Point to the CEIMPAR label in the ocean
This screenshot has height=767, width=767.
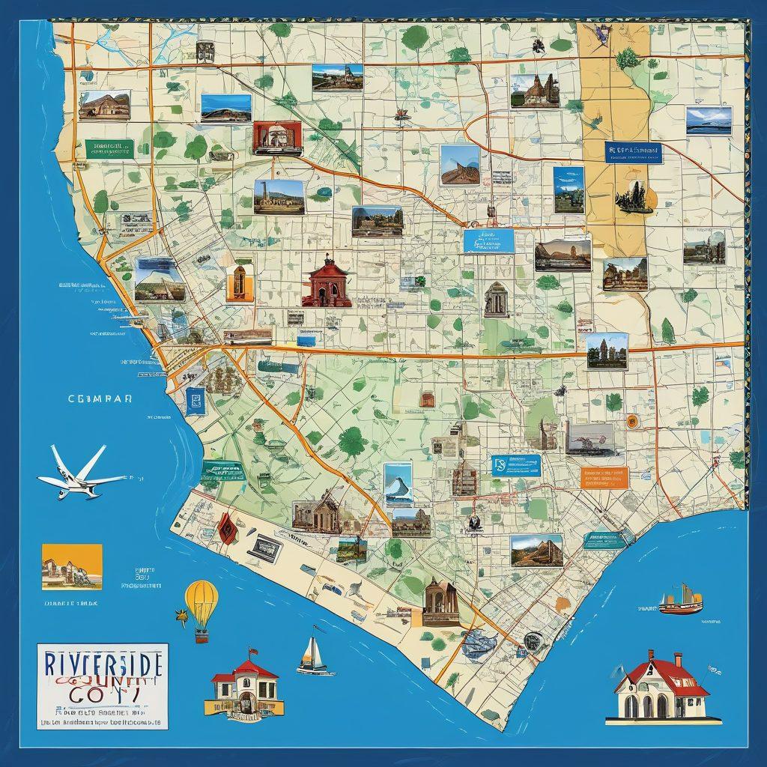pos(100,399)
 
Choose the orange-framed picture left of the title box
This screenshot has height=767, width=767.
pos(72,566)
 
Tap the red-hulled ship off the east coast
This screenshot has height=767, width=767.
pos(680,602)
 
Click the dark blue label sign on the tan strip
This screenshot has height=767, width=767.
pos(633,152)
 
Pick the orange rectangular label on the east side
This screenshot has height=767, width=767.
pos(604,477)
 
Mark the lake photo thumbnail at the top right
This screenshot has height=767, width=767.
pos(709,120)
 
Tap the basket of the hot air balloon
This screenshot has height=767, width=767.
pos(201,636)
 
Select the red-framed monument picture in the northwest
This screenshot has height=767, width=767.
pos(278,139)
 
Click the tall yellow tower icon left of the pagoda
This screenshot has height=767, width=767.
pos(238,283)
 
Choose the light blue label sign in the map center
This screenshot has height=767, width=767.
pos(488,240)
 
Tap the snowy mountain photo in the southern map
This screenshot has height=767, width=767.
pos(398,485)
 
